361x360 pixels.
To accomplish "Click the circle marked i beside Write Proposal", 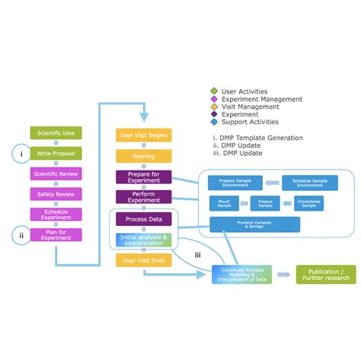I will (x=21, y=153).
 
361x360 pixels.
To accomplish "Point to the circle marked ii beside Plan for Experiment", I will (x=21, y=234).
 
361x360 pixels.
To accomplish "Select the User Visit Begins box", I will (x=144, y=135).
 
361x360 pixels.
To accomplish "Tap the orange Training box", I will (x=144, y=156).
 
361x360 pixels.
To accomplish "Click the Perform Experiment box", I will (x=144, y=198).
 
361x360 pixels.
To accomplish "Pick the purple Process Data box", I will (x=144, y=219).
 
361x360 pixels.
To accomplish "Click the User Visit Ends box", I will (x=144, y=260).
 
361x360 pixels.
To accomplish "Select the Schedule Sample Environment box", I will (x=309, y=183).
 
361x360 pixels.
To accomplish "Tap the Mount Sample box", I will (x=224, y=204).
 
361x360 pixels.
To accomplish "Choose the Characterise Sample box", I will (x=309, y=204).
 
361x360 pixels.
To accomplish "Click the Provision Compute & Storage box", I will (x=255, y=225).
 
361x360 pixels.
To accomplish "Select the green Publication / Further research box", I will (x=325, y=274).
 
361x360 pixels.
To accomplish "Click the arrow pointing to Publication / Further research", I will (x=283, y=275).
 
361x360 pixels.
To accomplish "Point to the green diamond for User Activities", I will (x=214, y=92).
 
